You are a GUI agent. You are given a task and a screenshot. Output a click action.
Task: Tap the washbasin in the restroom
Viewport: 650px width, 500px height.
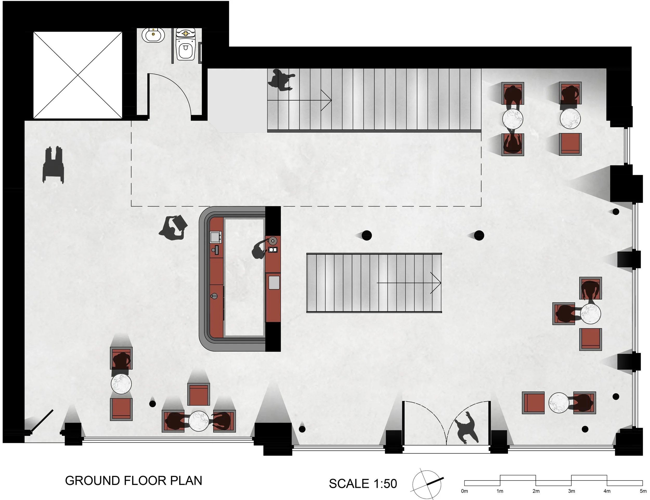click(x=153, y=35)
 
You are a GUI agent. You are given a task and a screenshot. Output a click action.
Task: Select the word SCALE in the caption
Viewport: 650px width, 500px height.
click(x=348, y=484)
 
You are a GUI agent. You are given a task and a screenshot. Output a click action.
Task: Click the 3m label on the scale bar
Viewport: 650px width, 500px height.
click(x=571, y=491)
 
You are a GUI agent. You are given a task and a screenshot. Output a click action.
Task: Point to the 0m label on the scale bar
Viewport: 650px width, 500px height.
click(x=464, y=491)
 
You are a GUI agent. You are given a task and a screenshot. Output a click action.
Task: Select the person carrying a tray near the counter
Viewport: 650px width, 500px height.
click(x=173, y=228)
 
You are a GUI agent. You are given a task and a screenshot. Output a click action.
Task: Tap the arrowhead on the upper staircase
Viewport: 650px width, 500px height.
click(x=329, y=101)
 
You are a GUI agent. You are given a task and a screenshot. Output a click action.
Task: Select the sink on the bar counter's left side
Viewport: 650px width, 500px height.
click(x=216, y=237)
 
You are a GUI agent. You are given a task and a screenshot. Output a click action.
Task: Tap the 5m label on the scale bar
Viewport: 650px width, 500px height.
click(x=643, y=491)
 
